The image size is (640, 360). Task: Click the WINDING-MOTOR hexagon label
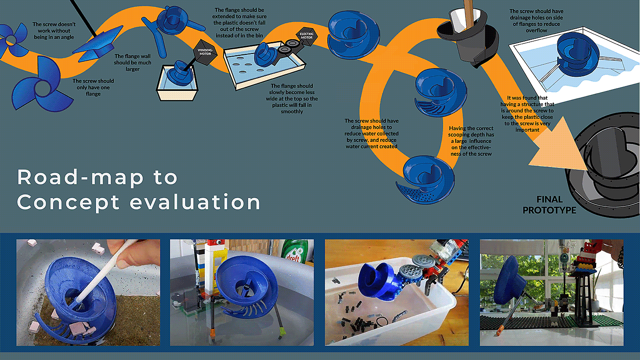pyautogui.click(x=205, y=52)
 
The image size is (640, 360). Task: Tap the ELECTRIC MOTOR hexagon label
pyautogui.click(x=307, y=36)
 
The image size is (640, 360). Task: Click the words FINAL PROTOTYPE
pyautogui.click(x=549, y=205)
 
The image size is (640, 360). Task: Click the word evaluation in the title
pyautogui.click(x=195, y=201)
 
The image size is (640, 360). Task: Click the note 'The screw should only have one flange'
pyautogui.click(x=93, y=87)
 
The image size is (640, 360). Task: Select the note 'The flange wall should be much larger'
pyautogui.click(x=133, y=63)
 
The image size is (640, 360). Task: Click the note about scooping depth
pyautogui.click(x=471, y=141)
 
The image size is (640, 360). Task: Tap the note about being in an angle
pyautogui.click(x=54, y=31)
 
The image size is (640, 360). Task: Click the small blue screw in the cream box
pyautogui.click(x=180, y=73)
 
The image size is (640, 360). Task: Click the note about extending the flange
pyautogui.click(x=240, y=23)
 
